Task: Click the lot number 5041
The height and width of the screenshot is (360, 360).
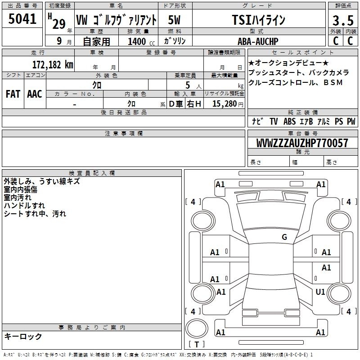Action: (x=22, y=19)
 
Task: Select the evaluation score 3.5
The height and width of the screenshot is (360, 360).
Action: (x=343, y=21)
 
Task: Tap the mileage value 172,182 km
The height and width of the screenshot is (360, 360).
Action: (x=53, y=64)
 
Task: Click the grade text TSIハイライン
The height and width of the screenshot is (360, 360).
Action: (x=258, y=20)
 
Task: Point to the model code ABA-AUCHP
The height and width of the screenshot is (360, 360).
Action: (x=258, y=41)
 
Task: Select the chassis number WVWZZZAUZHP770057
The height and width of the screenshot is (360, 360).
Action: (x=302, y=143)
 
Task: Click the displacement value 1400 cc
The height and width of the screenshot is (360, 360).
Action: (x=141, y=42)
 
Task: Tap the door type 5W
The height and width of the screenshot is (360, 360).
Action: (x=174, y=20)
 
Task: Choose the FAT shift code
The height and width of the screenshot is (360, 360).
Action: (x=13, y=94)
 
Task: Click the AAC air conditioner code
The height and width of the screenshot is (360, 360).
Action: (x=35, y=94)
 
